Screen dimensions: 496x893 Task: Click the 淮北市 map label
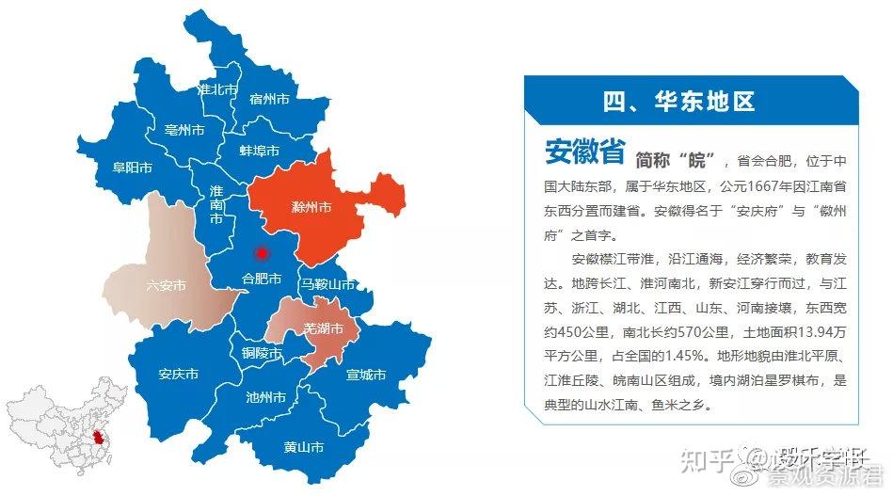(x=218, y=89)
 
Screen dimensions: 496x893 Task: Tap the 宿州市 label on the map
(x=268, y=98)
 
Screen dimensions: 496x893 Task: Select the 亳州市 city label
(x=183, y=130)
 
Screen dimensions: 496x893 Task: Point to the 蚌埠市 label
(x=261, y=151)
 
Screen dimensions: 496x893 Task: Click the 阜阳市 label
(x=133, y=168)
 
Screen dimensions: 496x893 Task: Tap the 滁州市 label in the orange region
(x=311, y=206)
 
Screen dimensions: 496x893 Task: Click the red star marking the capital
(x=262, y=253)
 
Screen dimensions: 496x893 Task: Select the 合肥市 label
(x=262, y=280)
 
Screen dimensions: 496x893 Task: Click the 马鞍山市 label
(x=327, y=284)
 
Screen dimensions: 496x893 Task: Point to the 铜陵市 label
(x=262, y=354)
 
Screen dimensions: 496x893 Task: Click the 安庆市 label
(x=179, y=375)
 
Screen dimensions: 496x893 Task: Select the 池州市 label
(x=265, y=397)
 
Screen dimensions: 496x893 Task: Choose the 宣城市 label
(x=366, y=375)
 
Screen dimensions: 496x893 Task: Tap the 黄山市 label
(x=304, y=447)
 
